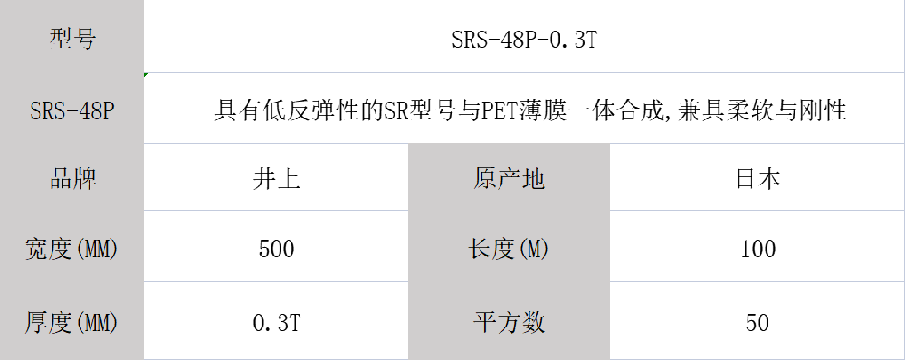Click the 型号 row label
pyautogui.click(x=72, y=39)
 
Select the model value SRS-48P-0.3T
pyautogui.click(x=522, y=40)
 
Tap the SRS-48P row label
pyautogui.click(x=72, y=111)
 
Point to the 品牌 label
pyautogui.click(x=72, y=179)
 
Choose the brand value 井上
pyautogui.click(x=276, y=179)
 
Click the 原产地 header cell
pyautogui.click(x=509, y=179)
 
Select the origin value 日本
pyautogui.click(x=757, y=179)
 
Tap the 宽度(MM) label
pyautogui.click(x=72, y=249)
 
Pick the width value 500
pyautogui.click(x=276, y=249)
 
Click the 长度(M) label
pyautogui.click(x=509, y=249)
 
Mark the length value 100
pyautogui.click(x=757, y=249)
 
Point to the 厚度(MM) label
pyautogui.click(x=72, y=322)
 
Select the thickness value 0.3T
pyautogui.click(x=276, y=322)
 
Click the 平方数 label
pyautogui.click(x=509, y=322)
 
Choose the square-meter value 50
pyautogui.click(x=757, y=322)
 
